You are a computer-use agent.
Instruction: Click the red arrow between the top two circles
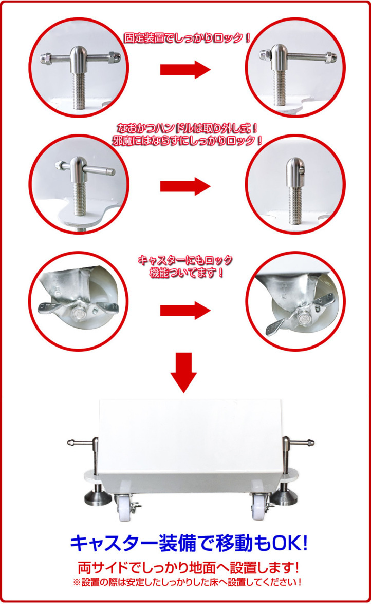pos(185,70)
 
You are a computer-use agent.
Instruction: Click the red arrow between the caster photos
pos(185,311)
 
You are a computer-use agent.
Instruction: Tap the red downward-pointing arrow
pos(183,373)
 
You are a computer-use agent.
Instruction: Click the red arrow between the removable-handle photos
pos(185,186)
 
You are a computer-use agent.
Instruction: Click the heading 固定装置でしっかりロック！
pos(187,38)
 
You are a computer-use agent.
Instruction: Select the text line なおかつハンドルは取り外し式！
pos(187,128)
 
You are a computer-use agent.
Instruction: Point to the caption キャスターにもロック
pos(185,260)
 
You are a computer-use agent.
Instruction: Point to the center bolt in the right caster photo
pos(304,318)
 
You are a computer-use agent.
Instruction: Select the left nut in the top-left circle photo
pos(45,58)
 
